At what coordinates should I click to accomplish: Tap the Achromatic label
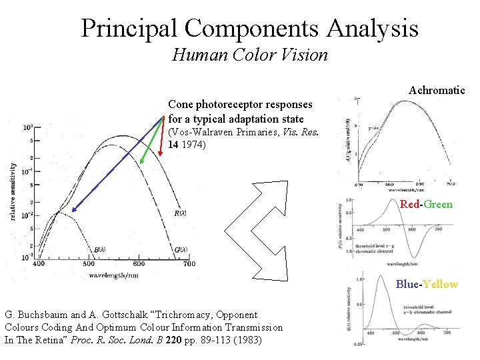pyautogui.click(x=437, y=90)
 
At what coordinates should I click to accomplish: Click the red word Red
pyautogui.click(x=409, y=204)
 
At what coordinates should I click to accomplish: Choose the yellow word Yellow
pyautogui.click(x=439, y=284)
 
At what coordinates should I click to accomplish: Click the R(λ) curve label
pyautogui.click(x=180, y=214)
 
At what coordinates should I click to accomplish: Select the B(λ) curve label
pyautogui.click(x=99, y=250)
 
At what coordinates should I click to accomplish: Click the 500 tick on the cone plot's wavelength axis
pyautogui.click(x=89, y=265)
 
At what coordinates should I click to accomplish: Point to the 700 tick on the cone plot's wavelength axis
pyautogui.click(x=189, y=265)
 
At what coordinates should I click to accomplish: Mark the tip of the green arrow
pyautogui.click(x=141, y=163)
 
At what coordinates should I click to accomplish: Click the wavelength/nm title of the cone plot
pyautogui.click(x=114, y=275)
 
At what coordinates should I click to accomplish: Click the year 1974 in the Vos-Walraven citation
pyautogui.click(x=193, y=144)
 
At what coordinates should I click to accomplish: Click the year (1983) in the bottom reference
pyautogui.click(x=248, y=339)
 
